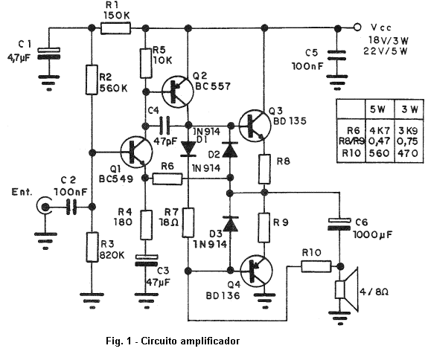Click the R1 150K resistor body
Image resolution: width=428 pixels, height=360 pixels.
click(115, 28)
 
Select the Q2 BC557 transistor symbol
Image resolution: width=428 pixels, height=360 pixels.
click(178, 91)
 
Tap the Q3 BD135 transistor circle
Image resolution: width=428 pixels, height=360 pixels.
click(255, 126)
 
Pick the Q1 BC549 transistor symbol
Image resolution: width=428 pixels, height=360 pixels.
click(136, 152)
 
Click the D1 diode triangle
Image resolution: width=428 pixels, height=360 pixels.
click(188, 149)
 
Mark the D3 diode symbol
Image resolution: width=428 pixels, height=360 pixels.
click(230, 225)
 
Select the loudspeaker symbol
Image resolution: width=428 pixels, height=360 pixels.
click(347, 289)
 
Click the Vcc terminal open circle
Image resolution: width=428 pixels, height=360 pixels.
click(357, 28)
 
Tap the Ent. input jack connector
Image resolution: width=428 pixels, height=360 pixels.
click(44, 207)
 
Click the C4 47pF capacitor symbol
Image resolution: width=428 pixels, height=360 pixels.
click(165, 126)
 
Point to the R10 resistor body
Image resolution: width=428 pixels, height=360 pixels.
click(316, 266)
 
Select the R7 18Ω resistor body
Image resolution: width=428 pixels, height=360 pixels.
click(188, 222)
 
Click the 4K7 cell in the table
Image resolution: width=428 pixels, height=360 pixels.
click(379, 131)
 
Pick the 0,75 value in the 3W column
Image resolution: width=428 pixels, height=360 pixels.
click(408, 141)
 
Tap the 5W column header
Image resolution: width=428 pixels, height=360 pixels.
click(377, 109)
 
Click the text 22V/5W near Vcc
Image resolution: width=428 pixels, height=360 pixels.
click(386, 51)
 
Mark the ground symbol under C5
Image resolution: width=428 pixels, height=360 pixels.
click(337, 82)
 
